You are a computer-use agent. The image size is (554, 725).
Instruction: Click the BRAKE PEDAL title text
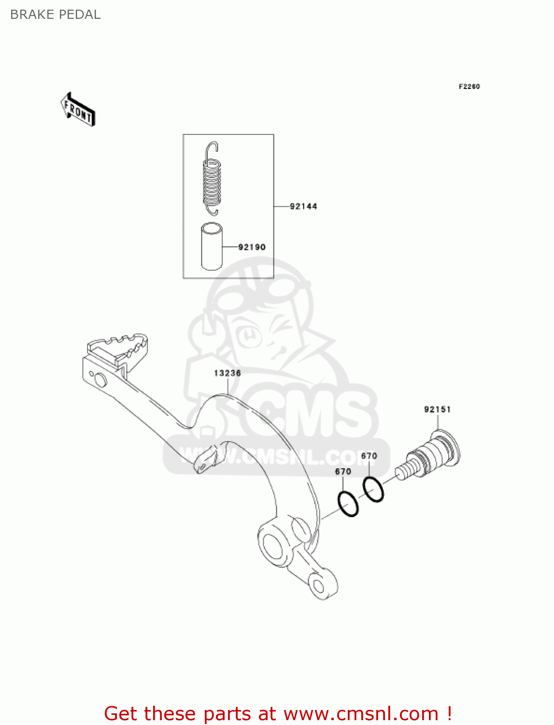55,14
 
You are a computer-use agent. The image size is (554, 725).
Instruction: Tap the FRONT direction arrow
78,110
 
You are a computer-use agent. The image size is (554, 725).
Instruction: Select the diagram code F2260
469,87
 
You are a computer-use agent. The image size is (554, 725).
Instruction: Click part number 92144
303,206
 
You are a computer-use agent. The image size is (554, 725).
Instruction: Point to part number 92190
252,247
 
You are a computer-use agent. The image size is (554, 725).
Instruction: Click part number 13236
227,373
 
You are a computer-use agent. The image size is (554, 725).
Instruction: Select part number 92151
437,409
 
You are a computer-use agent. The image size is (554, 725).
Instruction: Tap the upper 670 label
369,456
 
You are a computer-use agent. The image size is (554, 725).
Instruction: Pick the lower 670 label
343,471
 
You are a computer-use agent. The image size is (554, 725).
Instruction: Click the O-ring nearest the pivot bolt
373,489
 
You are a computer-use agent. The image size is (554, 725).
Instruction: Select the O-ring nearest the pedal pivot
348,504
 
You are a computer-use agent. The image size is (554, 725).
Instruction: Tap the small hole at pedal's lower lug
319,586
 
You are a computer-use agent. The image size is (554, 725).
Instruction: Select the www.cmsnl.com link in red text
361,713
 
